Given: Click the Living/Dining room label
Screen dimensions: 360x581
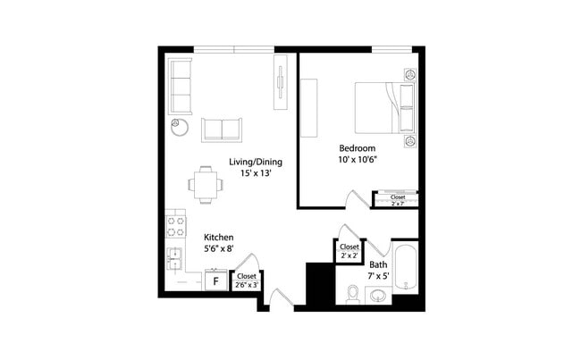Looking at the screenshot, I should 256,162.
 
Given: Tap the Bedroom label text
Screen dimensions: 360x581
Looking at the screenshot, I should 357,147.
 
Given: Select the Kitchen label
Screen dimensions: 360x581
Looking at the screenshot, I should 219,238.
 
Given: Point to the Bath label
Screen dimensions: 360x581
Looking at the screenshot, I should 378,264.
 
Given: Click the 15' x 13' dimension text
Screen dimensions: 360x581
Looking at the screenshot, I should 256,174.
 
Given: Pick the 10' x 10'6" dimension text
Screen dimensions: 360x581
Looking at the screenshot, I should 357,160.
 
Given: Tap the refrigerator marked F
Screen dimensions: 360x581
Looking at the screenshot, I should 215,280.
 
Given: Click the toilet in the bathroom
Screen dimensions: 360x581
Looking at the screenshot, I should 352,293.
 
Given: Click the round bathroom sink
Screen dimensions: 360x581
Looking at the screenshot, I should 378,296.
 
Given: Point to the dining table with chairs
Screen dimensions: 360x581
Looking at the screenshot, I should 206,185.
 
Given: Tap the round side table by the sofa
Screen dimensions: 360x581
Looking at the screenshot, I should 180,126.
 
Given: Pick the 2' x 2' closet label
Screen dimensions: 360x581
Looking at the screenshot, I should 349,251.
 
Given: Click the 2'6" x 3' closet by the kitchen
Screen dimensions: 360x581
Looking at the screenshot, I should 246,280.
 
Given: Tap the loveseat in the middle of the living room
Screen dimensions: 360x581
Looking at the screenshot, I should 223,129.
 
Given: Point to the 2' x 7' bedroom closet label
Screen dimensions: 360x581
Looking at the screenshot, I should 398,199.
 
